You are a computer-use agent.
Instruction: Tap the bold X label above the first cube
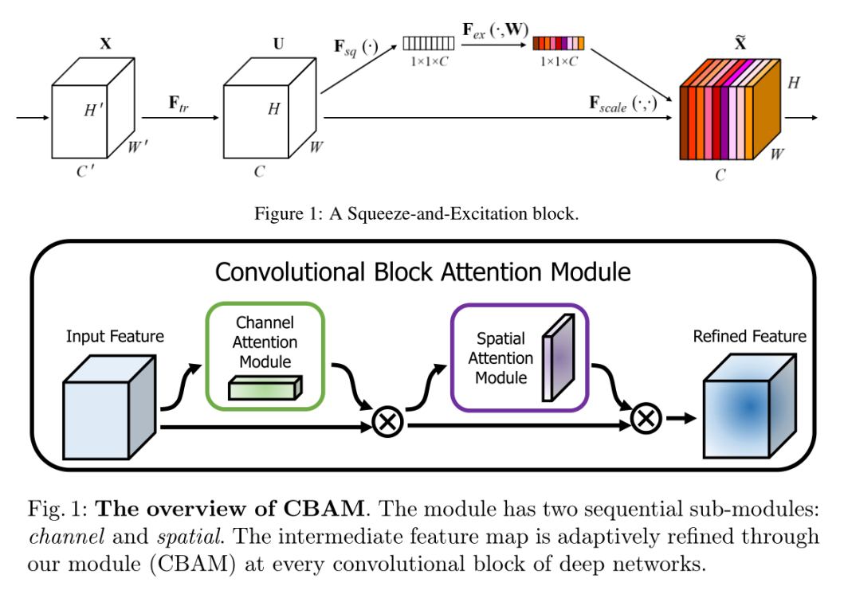[x=105, y=45]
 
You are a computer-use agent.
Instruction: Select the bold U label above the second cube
[x=278, y=45]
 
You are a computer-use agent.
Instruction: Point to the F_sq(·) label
[x=355, y=45]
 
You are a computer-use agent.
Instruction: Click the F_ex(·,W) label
[x=493, y=29]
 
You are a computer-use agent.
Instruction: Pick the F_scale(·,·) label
[x=622, y=104]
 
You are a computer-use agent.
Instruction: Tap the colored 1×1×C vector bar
[x=558, y=43]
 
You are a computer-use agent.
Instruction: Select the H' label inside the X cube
[x=94, y=110]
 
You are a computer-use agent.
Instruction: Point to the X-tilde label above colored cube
[x=740, y=43]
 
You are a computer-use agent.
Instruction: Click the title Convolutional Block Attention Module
[x=422, y=272]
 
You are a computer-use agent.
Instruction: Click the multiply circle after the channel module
[x=388, y=422]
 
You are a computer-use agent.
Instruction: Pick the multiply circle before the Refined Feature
[x=646, y=416]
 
